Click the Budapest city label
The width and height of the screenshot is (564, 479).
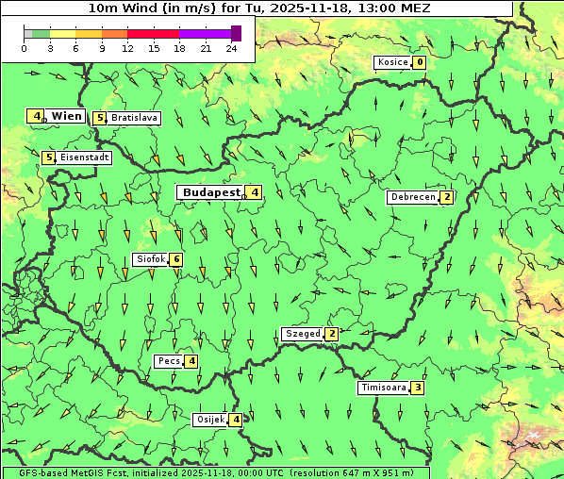tap(211, 191)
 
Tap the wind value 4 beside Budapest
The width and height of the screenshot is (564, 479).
tap(255, 192)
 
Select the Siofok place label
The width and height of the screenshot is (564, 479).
tap(150, 259)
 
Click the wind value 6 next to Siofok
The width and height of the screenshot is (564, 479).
tap(175, 259)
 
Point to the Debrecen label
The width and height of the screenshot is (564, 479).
tap(412, 197)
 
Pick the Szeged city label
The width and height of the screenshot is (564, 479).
tap(302, 334)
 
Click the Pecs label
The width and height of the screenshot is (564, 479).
tap(169, 361)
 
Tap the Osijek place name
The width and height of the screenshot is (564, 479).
tap(208, 420)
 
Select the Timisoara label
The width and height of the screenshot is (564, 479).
tap(383, 388)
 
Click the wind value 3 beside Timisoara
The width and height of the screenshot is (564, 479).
tap(418, 388)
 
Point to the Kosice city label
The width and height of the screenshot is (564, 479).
tap(391, 62)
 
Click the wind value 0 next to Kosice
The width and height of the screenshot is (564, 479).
tap(420, 62)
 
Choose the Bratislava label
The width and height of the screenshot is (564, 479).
tap(133, 118)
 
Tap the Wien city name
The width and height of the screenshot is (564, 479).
tap(66, 116)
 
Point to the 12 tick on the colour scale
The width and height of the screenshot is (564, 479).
tap(127, 48)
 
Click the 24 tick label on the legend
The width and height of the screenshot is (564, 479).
tap(232, 48)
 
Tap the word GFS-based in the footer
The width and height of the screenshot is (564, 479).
tap(33, 472)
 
